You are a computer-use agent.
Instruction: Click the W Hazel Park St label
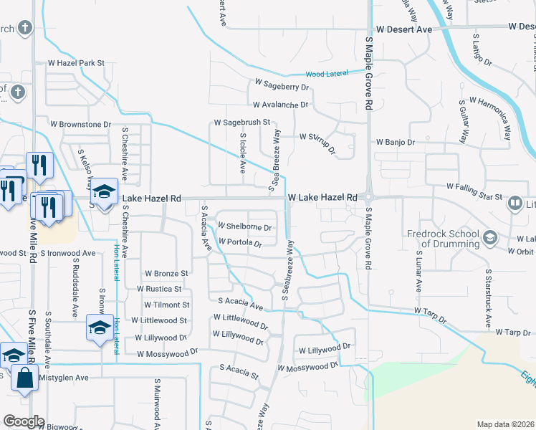point(76,63)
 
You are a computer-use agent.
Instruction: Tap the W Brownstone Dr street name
point(80,124)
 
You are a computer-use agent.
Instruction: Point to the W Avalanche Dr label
point(278,105)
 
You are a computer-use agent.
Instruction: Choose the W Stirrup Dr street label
point(318,138)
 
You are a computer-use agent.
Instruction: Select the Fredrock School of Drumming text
point(443,239)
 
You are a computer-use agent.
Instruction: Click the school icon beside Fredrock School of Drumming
point(490,237)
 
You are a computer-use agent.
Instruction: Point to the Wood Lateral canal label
point(326,74)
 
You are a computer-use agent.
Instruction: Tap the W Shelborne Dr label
point(244,228)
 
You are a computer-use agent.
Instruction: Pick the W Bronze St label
point(166,273)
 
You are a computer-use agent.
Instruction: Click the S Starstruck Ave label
point(487,293)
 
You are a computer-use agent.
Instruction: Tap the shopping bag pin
point(24,377)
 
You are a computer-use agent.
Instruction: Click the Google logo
point(24,421)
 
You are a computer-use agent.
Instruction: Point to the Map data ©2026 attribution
point(505,424)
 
